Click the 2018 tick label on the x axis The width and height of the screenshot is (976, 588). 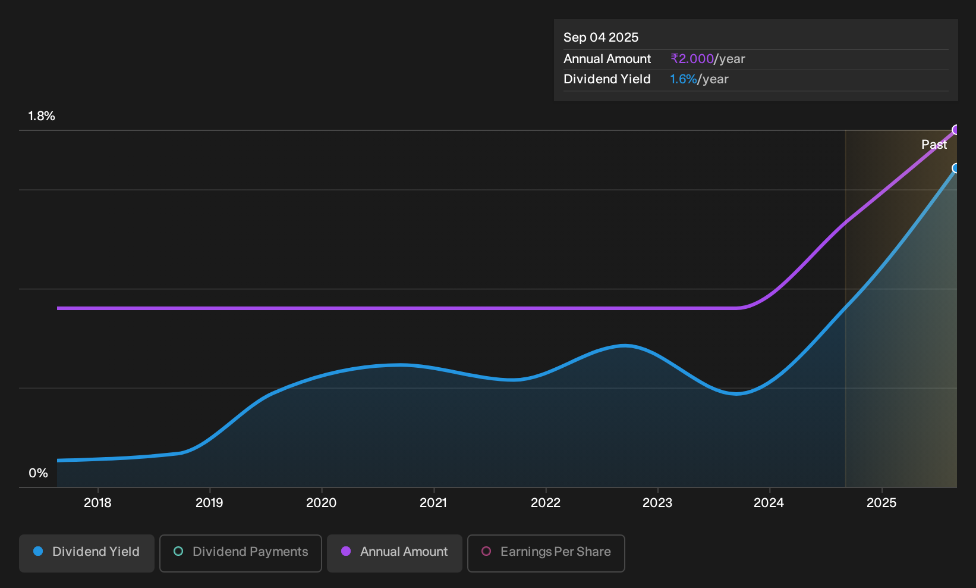pos(97,503)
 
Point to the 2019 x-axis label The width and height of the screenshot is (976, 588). pos(210,503)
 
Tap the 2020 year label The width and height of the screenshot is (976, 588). pos(322,503)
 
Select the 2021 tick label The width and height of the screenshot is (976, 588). pos(433,503)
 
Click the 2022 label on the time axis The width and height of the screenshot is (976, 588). pos(546,503)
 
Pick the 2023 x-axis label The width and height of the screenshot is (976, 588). pos(657,503)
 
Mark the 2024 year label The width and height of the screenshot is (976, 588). pos(769,503)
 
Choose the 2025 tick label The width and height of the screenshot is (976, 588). pos(881,503)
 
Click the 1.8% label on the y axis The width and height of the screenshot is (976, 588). pos(42,116)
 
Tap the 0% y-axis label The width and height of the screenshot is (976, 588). pos(39,473)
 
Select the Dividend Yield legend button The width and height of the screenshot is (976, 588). pos(87,553)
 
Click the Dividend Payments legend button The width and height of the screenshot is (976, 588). pos(241,553)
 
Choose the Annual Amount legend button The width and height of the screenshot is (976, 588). pos(394,553)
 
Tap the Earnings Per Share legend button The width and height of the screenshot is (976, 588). pos(546,553)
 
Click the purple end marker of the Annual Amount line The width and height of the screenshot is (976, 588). pos(956,130)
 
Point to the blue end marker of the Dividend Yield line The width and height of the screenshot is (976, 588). pos(956,168)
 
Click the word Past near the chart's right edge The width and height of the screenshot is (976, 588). pos(934,145)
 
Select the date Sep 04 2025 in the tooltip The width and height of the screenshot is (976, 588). pos(601,37)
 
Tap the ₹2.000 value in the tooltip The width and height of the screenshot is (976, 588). pos(692,58)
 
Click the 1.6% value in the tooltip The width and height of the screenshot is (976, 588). pos(683,79)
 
